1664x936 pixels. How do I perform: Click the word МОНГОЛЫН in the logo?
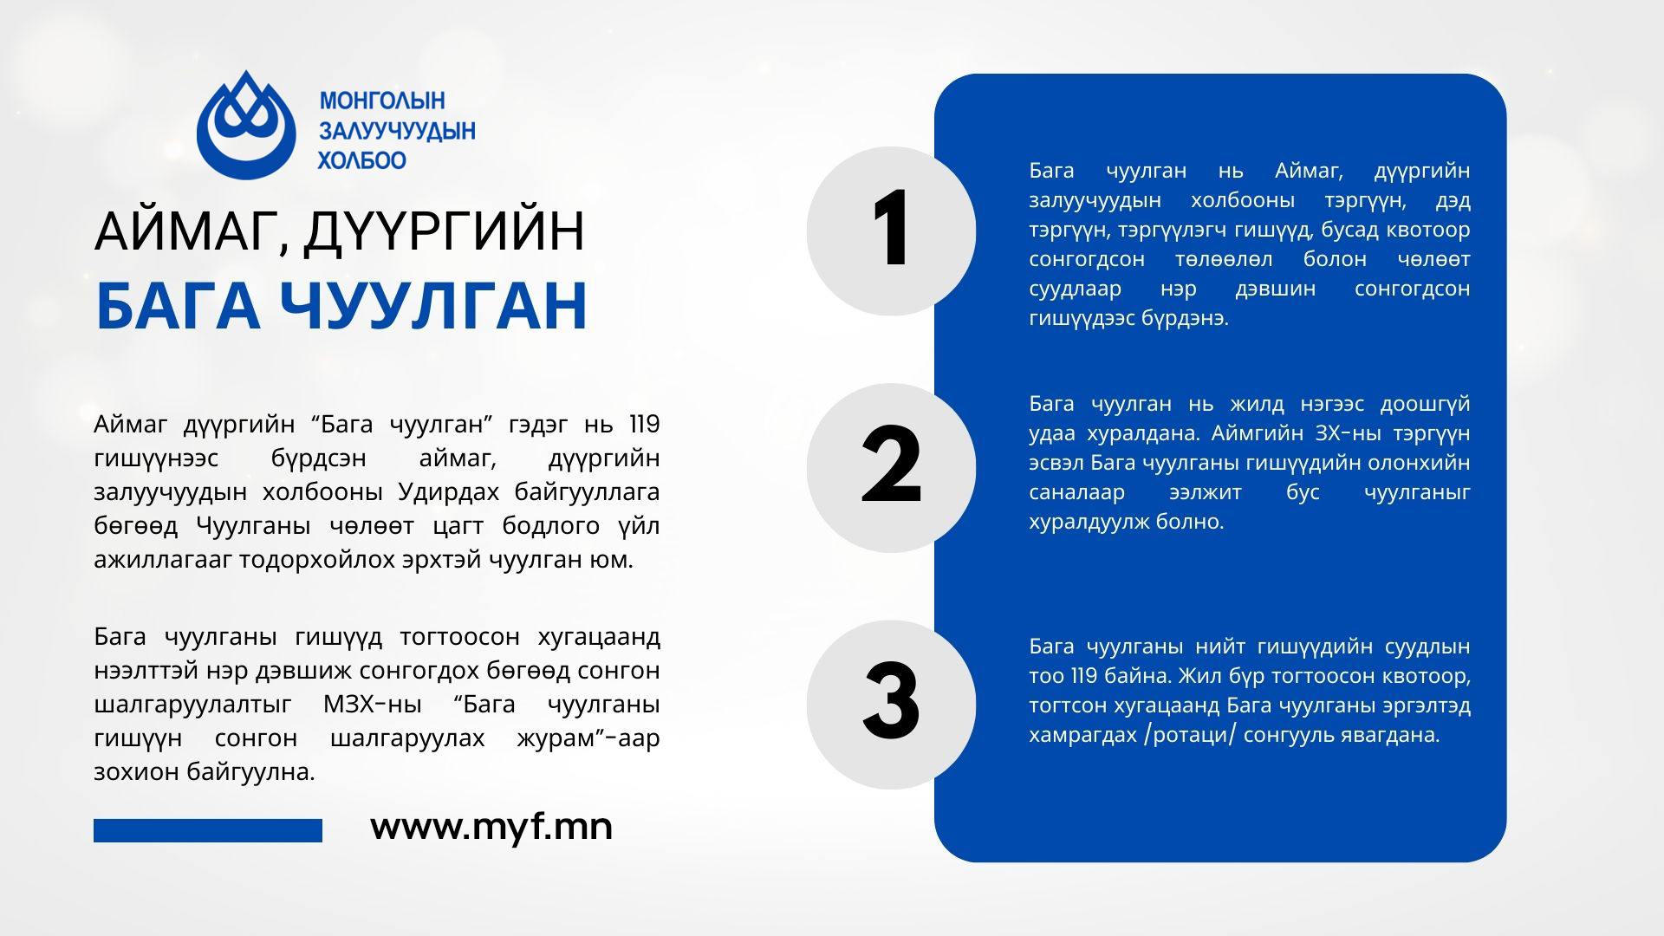click(x=382, y=101)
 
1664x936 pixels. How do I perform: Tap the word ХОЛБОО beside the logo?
click(x=362, y=160)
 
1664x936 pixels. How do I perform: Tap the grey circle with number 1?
click(x=891, y=231)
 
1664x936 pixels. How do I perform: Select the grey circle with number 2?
click(x=891, y=468)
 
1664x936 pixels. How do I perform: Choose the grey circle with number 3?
click(x=891, y=705)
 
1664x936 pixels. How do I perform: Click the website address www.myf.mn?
click(x=491, y=827)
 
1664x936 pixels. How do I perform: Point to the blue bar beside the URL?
click(x=208, y=830)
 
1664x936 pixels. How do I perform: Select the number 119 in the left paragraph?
click(x=644, y=425)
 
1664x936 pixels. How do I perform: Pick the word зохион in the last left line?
click(x=136, y=772)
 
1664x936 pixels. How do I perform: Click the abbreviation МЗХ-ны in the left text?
click(x=373, y=705)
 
